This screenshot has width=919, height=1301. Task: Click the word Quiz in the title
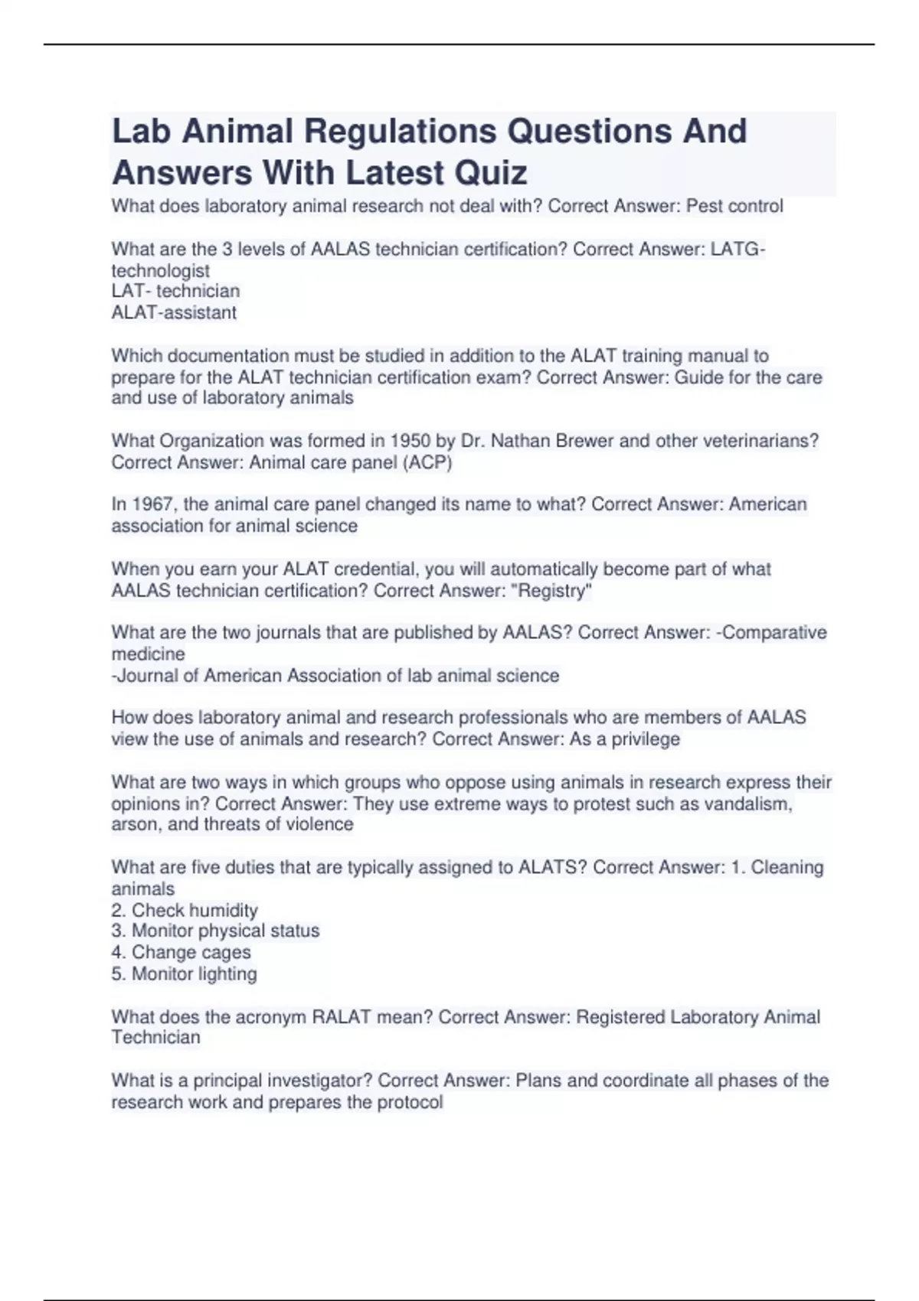coord(491,172)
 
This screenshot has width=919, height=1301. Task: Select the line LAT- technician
coord(175,291)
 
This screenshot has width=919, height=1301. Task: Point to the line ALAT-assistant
coord(174,312)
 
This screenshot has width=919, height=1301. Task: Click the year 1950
coord(410,441)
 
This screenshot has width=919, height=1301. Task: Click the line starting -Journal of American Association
coord(335,676)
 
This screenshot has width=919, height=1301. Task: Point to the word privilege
coord(645,739)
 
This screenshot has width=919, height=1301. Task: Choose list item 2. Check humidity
coord(185,910)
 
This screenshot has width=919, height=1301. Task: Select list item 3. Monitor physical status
coord(215,931)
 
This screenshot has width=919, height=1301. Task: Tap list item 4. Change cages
coord(181,952)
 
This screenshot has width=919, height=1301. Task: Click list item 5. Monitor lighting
coord(184,973)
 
